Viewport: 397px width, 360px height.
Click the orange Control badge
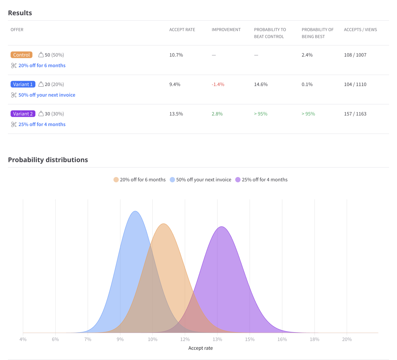(22, 55)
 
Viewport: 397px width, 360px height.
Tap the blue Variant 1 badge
(23, 84)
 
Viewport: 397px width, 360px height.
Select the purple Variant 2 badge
(23, 114)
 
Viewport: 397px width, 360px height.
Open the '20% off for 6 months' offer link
(42, 66)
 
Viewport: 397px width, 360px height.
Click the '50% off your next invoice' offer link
(47, 95)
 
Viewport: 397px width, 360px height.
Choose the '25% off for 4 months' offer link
(42, 124)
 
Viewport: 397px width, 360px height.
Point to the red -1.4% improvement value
(218, 84)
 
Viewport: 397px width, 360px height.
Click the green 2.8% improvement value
(217, 114)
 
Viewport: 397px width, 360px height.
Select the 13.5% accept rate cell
(176, 114)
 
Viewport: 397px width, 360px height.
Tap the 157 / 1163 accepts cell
(355, 114)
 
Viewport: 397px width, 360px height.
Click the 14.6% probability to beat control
(261, 84)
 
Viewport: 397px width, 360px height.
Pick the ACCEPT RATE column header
(182, 30)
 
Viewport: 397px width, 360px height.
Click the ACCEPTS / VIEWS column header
(360, 30)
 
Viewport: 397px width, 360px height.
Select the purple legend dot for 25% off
(238, 180)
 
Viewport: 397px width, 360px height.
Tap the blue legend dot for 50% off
(172, 180)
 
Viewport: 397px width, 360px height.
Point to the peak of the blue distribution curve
(135, 211)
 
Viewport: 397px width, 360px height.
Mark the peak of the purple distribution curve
(222, 227)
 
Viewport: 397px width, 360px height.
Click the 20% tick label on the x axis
(347, 339)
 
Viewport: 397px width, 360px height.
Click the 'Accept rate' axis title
(200, 348)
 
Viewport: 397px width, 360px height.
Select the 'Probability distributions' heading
(48, 160)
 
